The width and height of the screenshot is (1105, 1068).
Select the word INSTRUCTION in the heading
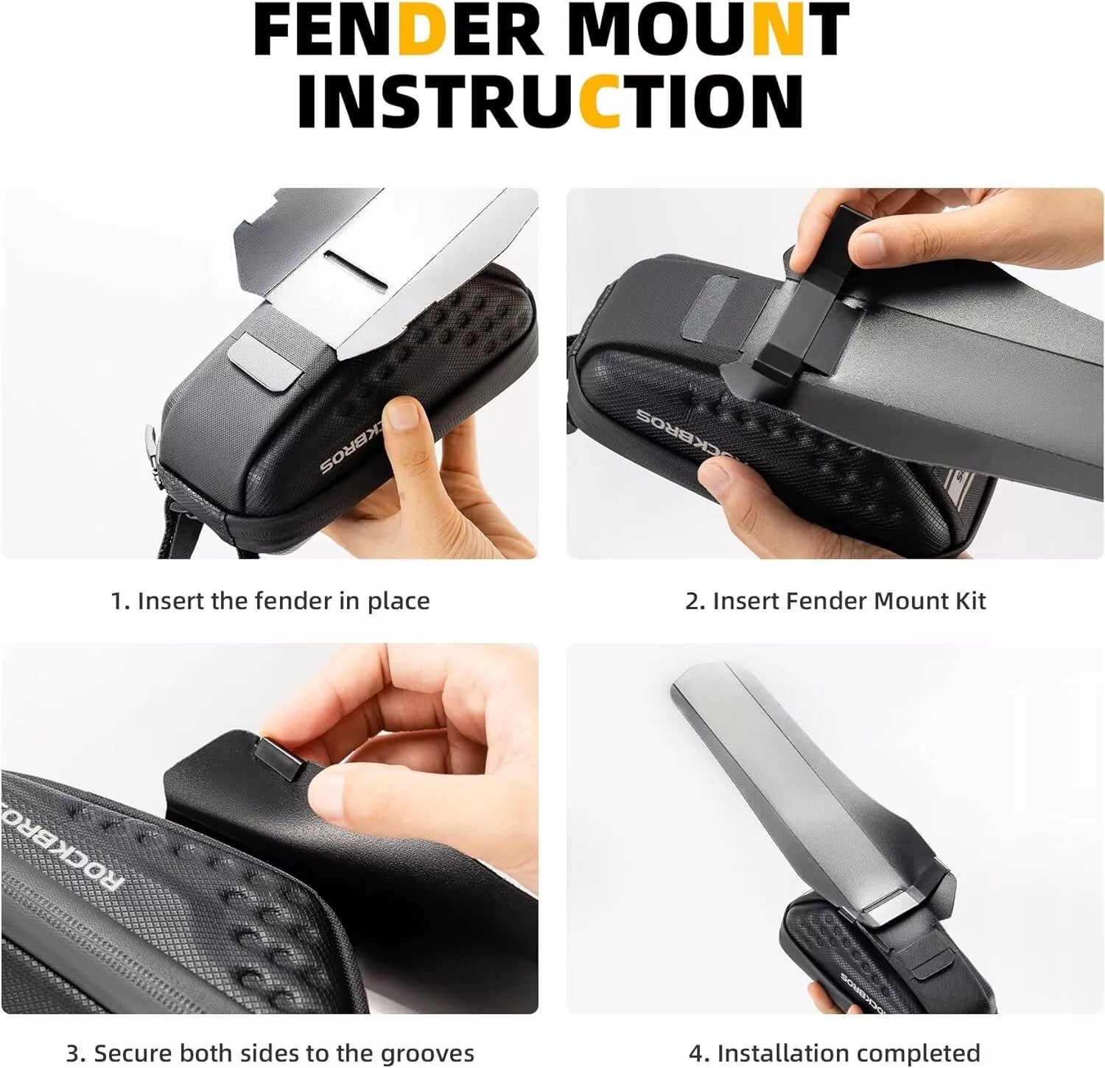coord(550,100)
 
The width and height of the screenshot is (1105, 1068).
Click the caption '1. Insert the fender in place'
coord(270,601)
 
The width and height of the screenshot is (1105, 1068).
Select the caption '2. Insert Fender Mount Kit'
coord(835,601)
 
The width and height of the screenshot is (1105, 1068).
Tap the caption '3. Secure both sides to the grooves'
coord(270,1053)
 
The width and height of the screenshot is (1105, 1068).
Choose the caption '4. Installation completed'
coord(834,1053)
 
